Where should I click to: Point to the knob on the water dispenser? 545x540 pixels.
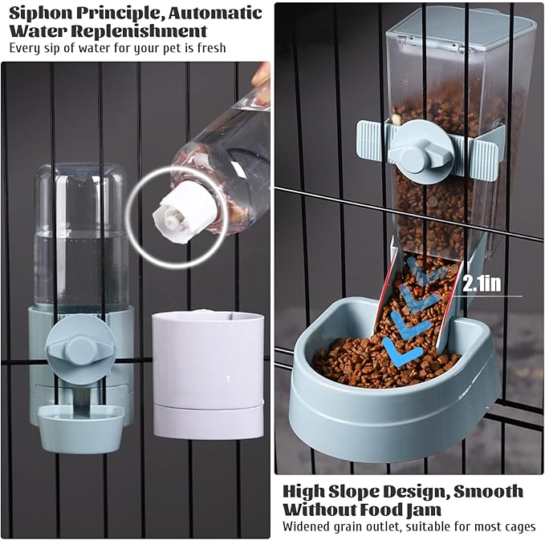79,349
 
